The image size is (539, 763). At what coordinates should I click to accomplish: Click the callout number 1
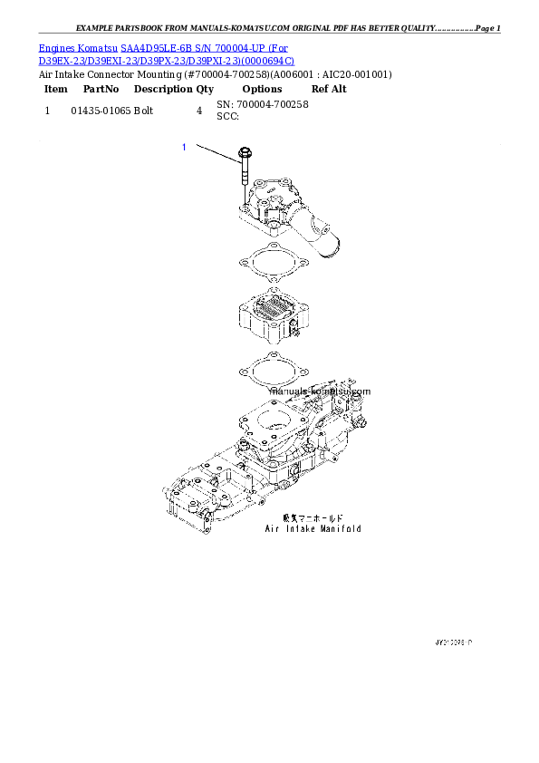pyautogui.click(x=184, y=146)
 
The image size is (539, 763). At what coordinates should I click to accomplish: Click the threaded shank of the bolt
pyautogui.click(x=244, y=186)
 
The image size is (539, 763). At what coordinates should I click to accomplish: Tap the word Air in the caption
pyautogui.click(x=273, y=528)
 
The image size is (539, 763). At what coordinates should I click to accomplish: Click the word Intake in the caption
pyautogui.click(x=301, y=528)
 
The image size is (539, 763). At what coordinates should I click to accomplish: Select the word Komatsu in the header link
pyautogui.click(x=101, y=46)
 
